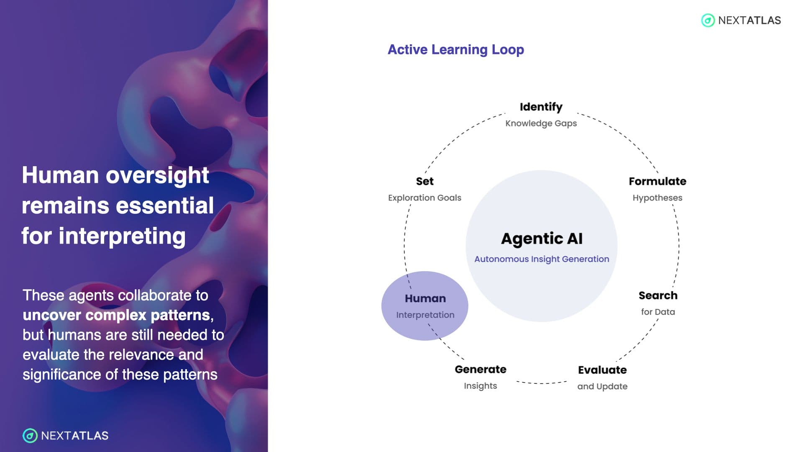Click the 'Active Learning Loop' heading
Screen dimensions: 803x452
tap(455, 49)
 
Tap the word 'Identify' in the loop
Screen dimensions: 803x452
tap(541, 107)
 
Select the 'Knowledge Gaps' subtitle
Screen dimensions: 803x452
tap(541, 123)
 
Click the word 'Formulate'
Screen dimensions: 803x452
tap(657, 181)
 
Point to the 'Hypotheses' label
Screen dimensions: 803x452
tap(657, 198)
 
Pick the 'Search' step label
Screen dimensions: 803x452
tap(658, 295)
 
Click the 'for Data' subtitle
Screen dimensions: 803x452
tap(658, 312)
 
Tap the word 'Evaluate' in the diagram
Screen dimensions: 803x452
tap(602, 370)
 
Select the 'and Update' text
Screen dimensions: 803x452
tap(602, 386)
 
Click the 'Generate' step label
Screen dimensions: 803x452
tap(481, 370)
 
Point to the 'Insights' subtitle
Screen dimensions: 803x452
tap(481, 386)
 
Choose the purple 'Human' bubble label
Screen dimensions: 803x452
tap(425, 298)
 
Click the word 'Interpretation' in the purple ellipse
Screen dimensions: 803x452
tap(425, 315)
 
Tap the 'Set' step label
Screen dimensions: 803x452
tap(425, 181)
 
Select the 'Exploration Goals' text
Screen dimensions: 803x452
tap(425, 198)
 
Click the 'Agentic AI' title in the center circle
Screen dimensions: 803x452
tap(542, 239)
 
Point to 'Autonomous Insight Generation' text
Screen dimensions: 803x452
tap(542, 259)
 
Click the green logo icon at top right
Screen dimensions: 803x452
tap(708, 20)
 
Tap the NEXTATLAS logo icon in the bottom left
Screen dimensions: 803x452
tap(30, 436)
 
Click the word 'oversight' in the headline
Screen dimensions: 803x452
tap(157, 176)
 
